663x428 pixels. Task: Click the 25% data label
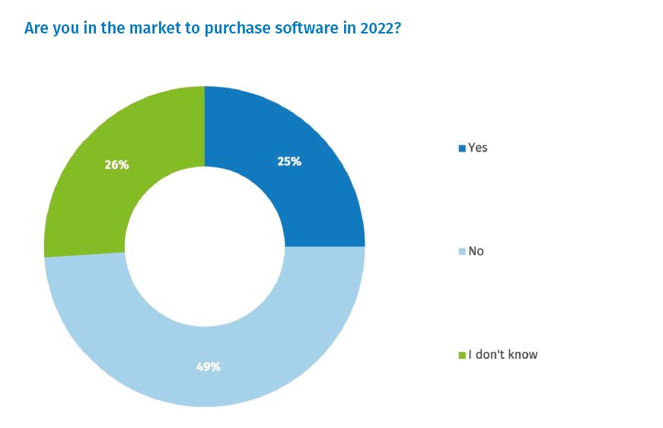click(289, 161)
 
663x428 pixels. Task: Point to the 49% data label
click(208, 366)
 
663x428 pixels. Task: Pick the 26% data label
click(116, 164)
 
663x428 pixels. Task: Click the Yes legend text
click(477, 148)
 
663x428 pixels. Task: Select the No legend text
click(476, 251)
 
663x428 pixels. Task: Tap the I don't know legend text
click(502, 354)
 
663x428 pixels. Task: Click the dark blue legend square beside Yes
click(461, 149)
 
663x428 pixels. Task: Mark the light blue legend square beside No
click(461, 252)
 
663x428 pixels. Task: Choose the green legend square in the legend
click(461, 356)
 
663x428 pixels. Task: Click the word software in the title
click(282, 28)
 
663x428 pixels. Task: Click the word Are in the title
click(36, 28)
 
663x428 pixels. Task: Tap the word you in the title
click(65, 29)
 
